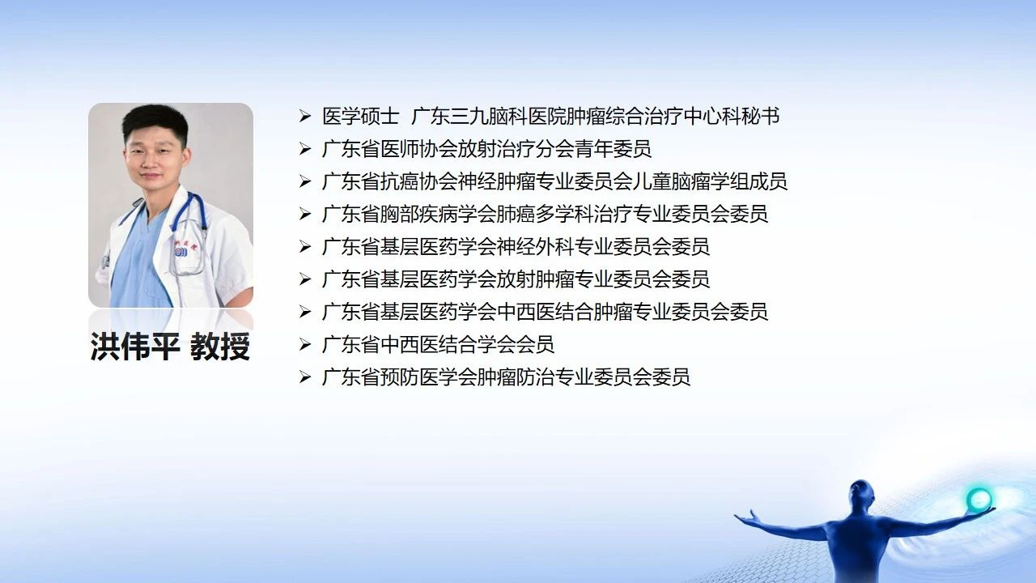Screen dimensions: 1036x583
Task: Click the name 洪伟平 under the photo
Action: point(134,346)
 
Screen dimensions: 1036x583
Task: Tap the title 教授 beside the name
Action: point(220,346)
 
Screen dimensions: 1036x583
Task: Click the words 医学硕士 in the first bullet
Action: point(361,116)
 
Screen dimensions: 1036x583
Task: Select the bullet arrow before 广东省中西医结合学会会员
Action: point(305,345)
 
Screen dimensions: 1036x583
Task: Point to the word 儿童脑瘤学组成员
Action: point(710,181)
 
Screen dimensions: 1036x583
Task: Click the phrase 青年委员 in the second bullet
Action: point(613,149)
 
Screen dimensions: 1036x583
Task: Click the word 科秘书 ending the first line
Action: point(750,116)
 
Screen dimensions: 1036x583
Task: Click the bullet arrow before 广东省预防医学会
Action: point(305,377)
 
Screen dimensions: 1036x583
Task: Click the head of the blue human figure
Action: point(861,493)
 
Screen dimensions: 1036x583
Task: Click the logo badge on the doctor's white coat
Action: point(181,251)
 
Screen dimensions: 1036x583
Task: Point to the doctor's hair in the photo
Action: point(155,121)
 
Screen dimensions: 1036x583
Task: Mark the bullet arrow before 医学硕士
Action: point(305,116)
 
